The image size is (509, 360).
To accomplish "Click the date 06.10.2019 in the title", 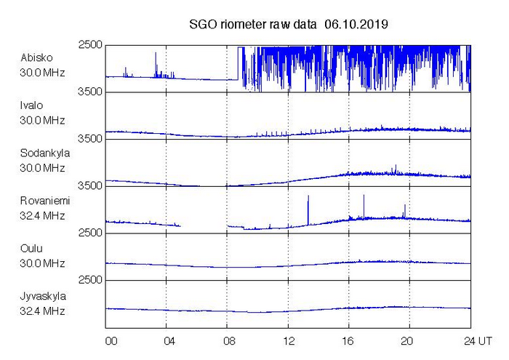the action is tap(356, 24).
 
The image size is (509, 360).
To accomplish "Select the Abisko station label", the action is tap(36, 57).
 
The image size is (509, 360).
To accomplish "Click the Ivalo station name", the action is tap(31, 105).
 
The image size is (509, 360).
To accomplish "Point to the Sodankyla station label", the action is tap(45, 153).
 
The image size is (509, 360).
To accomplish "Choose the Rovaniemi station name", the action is tap(45, 201).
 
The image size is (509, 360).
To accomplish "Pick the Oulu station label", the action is tap(31, 249).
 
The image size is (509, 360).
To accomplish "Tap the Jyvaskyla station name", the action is tap(43, 297).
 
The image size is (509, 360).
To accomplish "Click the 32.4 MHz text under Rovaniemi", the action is tap(42, 216).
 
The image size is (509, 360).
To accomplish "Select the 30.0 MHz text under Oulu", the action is tap(42, 263).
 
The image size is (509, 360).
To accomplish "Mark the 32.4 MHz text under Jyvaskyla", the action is tap(42, 311).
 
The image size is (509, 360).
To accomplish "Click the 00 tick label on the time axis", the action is tap(111, 341).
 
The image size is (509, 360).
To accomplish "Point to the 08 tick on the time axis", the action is tap(229, 341).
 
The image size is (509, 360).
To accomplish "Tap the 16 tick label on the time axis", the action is tap(348, 341).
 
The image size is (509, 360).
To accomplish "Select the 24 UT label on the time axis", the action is tap(478, 341).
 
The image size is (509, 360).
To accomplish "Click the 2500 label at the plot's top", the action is tap(90, 45).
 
